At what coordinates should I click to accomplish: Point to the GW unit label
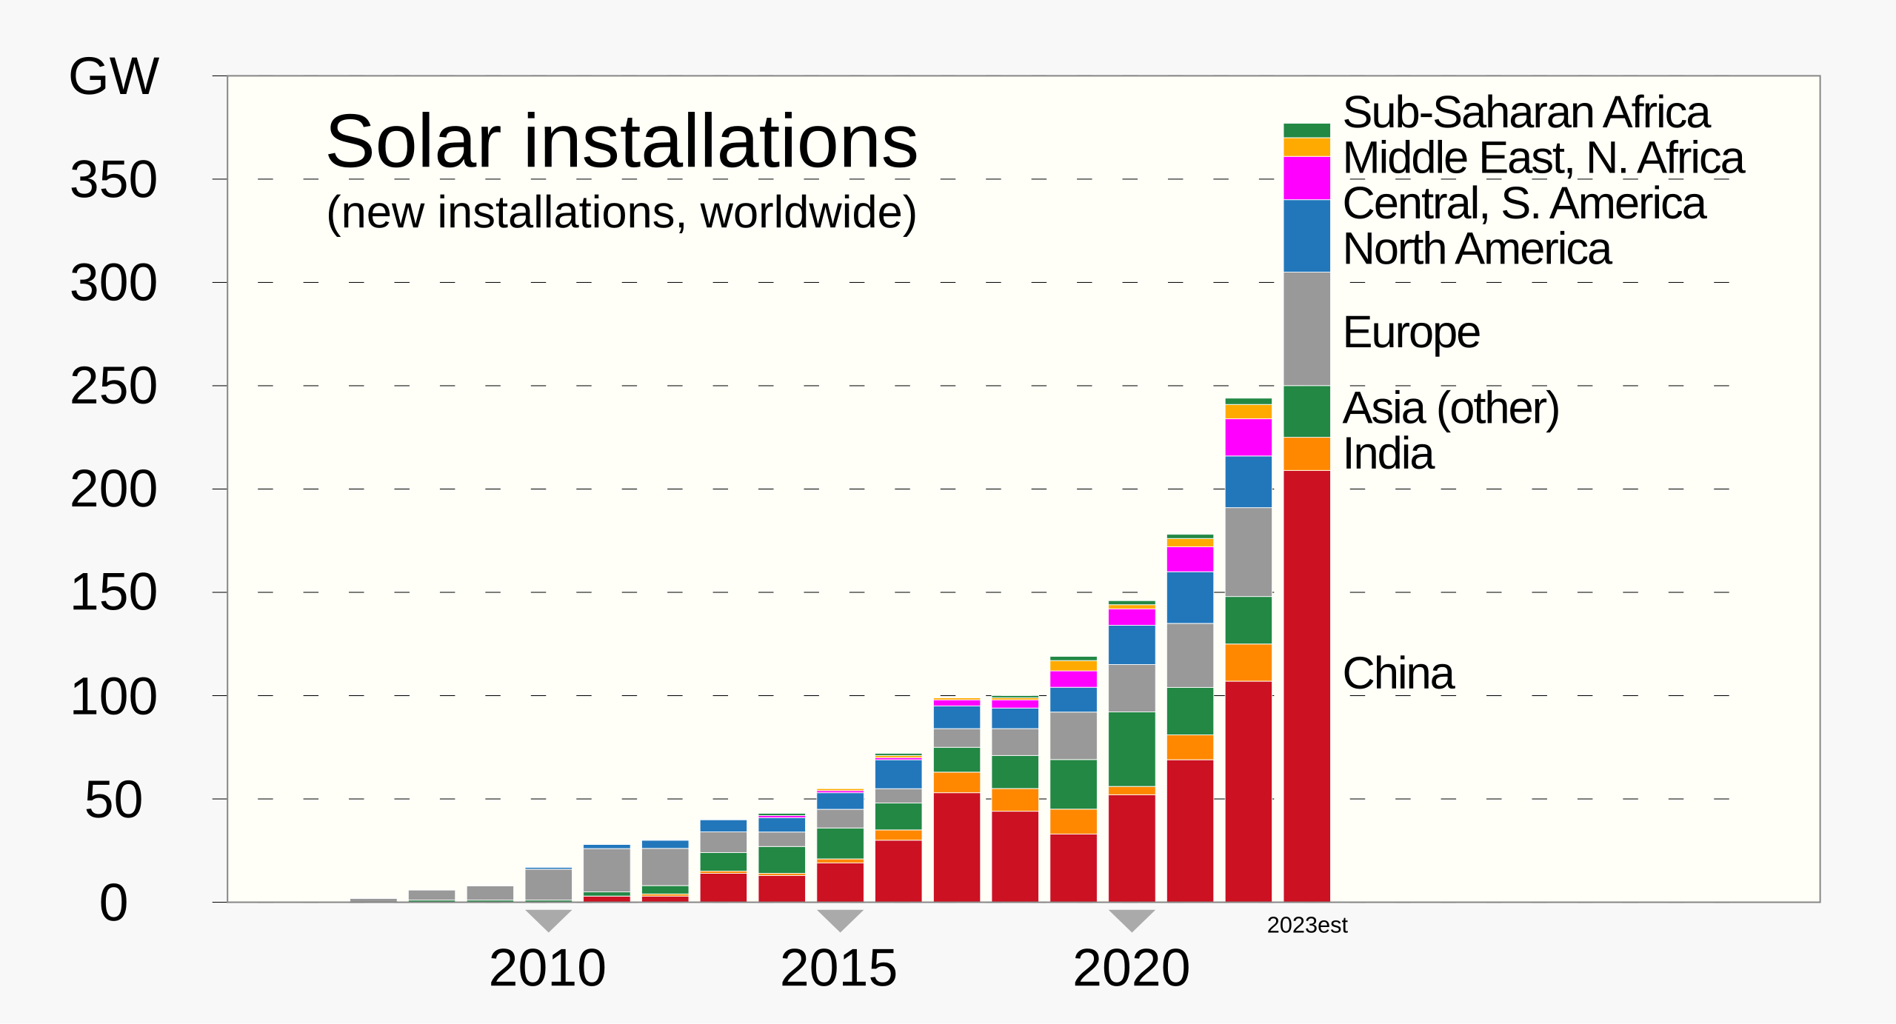point(113,76)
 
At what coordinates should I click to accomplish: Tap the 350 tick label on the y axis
point(113,180)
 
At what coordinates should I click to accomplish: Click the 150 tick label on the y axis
point(113,593)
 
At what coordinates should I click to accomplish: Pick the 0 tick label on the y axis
point(113,903)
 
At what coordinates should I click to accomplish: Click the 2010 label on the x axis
point(547,968)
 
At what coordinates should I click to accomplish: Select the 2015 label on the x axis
point(838,968)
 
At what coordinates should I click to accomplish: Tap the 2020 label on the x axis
point(1131,968)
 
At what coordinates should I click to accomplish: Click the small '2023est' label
point(1307,926)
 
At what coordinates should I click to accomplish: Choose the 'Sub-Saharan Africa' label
point(1526,113)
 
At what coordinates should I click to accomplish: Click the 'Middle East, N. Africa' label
point(1543,158)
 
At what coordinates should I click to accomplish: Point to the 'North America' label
point(1477,249)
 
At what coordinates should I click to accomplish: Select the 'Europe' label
point(1411,332)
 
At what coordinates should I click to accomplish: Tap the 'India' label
point(1388,453)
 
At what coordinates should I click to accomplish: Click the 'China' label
point(1398,674)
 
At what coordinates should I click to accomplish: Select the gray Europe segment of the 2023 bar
point(1306,329)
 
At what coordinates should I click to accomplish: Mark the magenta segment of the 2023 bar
point(1306,178)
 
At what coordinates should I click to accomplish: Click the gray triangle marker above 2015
point(840,919)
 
